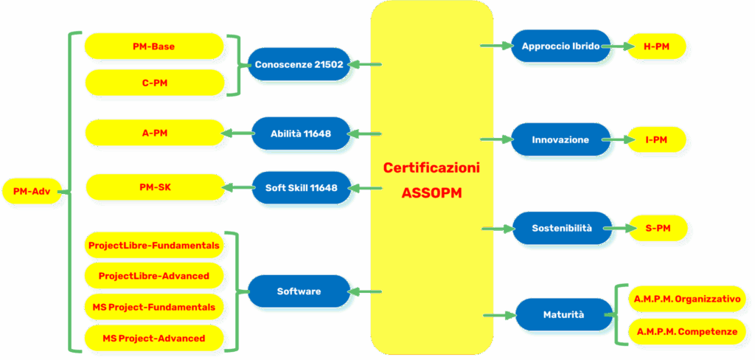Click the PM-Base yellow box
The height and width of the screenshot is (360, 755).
pos(153,46)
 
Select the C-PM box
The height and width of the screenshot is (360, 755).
pos(153,83)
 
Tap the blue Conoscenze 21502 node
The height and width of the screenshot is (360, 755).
pos(299,65)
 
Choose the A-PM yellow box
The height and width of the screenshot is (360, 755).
pos(153,134)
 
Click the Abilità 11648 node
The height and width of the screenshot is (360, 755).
pos(300,134)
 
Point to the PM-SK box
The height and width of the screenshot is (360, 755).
pos(153,187)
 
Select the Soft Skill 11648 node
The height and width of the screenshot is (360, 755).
pos(300,187)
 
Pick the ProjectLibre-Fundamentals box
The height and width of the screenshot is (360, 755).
pos(153,245)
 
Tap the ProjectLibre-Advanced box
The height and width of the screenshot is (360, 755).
pos(153,276)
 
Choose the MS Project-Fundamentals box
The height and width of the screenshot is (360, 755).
pos(153,306)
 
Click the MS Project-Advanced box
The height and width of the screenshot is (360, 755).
pos(153,338)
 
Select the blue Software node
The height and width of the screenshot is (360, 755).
pos(299,291)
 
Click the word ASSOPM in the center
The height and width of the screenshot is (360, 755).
pos(431,193)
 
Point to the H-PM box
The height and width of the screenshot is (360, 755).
pos(656,46)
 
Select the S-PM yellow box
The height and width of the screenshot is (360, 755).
pos(656,229)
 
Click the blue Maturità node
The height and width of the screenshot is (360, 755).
pos(563,314)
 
